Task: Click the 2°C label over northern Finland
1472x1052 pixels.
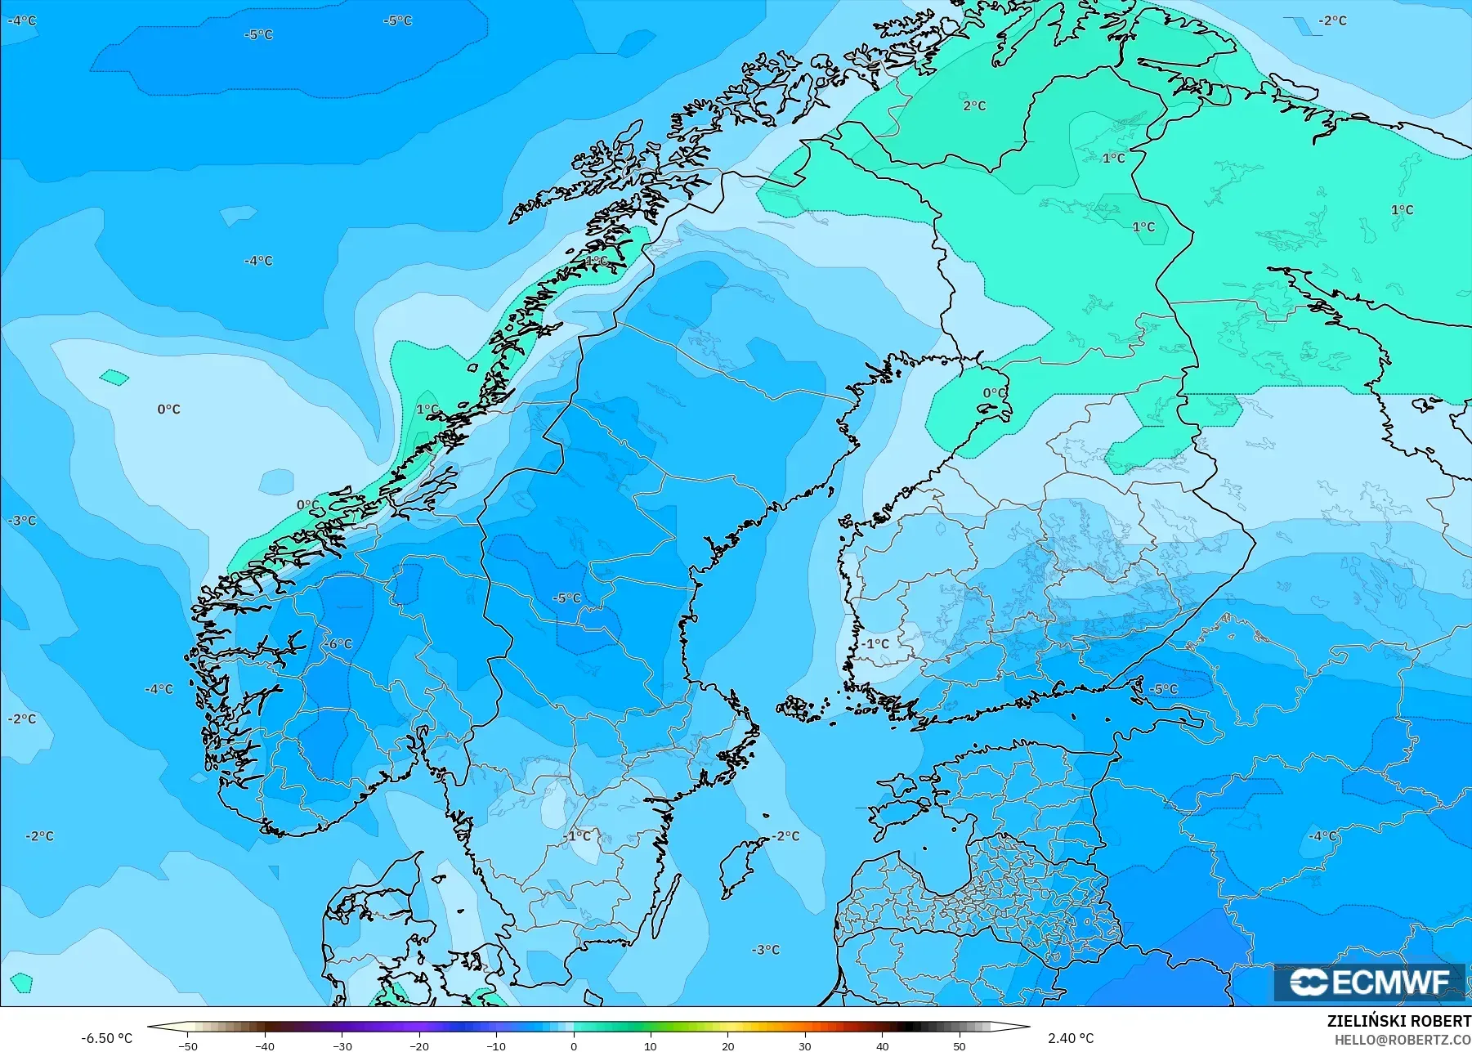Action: coord(974,105)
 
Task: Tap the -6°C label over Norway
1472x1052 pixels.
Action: coord(338,644)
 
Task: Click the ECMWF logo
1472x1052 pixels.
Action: coord(1369,982)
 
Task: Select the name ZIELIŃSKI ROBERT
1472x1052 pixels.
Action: coord(1398,1022)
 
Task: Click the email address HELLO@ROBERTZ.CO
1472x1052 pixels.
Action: coord(1403,1040)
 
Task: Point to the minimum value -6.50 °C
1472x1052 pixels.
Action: coord(106,1038)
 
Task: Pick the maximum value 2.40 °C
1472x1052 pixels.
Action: coord(1071,1038)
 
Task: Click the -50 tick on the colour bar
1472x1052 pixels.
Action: coord(187,1045)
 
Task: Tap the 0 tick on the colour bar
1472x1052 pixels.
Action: coord(574,1045)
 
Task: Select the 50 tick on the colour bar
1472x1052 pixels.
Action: coord(960,1045)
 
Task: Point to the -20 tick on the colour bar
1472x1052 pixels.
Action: coord(419,1045)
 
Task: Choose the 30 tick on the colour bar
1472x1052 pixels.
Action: coord(805,1045)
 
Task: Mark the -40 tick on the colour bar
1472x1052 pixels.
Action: coord(264,1045)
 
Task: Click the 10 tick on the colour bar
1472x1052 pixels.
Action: coord(651,1045)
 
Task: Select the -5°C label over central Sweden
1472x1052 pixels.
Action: coord(566,598)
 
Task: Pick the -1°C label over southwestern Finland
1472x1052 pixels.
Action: coord(875,644)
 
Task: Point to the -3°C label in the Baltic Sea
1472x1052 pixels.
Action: coord(766,950)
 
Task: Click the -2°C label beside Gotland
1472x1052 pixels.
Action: coord(786,836)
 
